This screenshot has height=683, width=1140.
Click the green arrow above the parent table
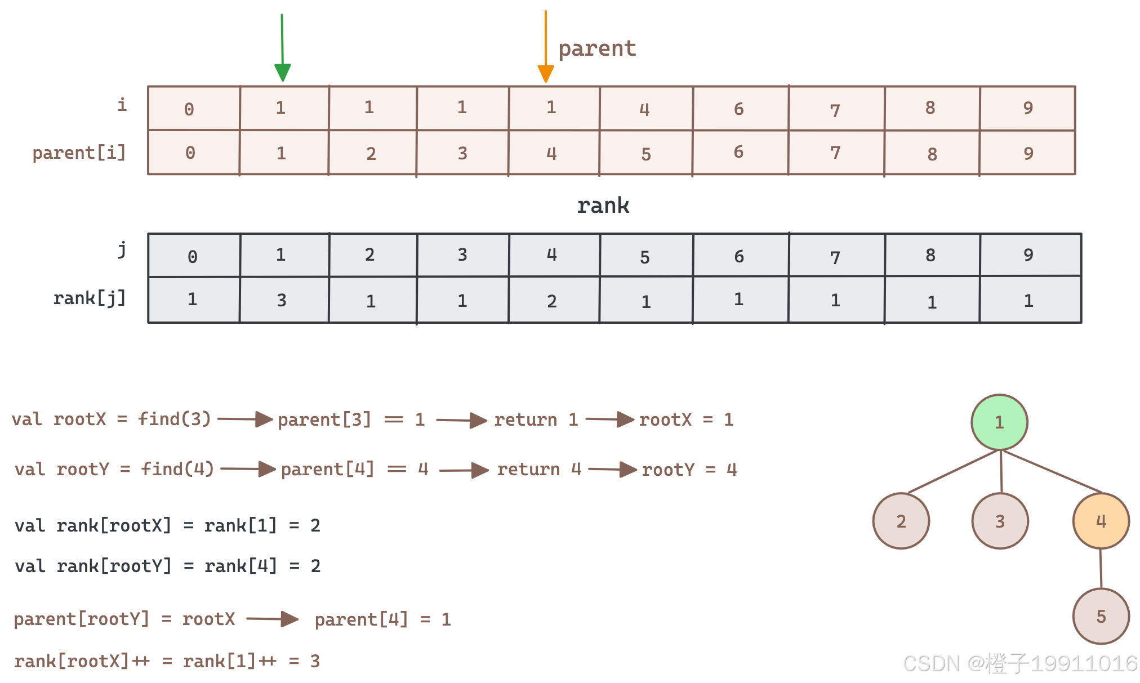click(x=282, y=48)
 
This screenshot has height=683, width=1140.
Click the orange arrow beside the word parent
click(x=546, y=47)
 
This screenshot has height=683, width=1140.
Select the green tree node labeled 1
click(x=999, y=422)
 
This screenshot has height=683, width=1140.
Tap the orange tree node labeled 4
click(x=1101, y=521)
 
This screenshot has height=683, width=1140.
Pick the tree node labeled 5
click(x=1101, y=617)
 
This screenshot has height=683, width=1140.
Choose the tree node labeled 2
click(x=901, y=521)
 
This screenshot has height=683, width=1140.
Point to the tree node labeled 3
click(x=1000, y=521)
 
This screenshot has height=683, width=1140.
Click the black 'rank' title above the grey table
click(x=603, y=206)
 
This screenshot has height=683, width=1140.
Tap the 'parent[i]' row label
click(x=79, y=153)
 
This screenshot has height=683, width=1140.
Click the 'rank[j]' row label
click(x=89, y=298)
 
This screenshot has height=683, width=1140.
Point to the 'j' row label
click(x=122, y=249)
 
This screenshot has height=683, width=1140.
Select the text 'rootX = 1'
click(x=686, y=419)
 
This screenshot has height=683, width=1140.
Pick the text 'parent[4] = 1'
click(x=383, y=619)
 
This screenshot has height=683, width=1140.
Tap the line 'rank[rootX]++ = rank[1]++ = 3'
click(x=167, y=661)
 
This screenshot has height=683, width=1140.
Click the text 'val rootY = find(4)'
click(x=114, y=469)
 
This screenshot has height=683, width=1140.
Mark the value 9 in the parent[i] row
click(x=1028, y=153)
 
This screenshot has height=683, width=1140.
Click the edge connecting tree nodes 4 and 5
click(x=1101, y=569)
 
